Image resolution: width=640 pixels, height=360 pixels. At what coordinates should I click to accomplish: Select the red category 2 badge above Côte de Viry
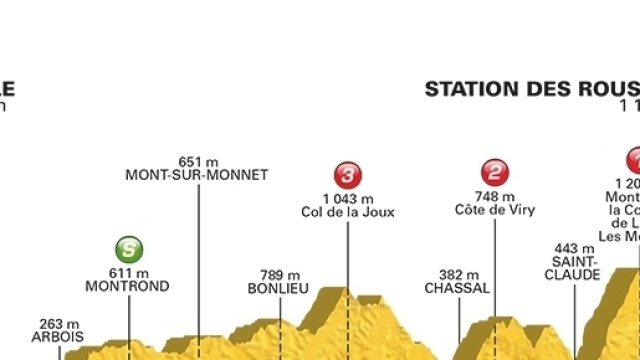click(x=495, y=171)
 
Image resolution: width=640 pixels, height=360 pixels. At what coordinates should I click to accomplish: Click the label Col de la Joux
click(x=348, y=212)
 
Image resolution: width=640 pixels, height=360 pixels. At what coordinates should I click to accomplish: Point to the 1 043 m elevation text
click(x=348, y=197)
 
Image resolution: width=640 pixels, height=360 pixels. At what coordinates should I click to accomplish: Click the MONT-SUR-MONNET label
click(x=197, y=174)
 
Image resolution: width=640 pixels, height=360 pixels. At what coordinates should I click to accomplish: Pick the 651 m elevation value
click(x=198, y=160)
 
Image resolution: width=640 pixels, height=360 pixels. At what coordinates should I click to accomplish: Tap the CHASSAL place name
click(x=458, y=288)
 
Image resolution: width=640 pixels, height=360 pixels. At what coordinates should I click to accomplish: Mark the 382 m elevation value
click(x=458, y=274)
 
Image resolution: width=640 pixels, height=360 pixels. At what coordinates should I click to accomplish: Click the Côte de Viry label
click(x=495, y=211)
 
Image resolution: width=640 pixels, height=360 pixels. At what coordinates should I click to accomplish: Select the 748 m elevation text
click(x=496, y=197)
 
